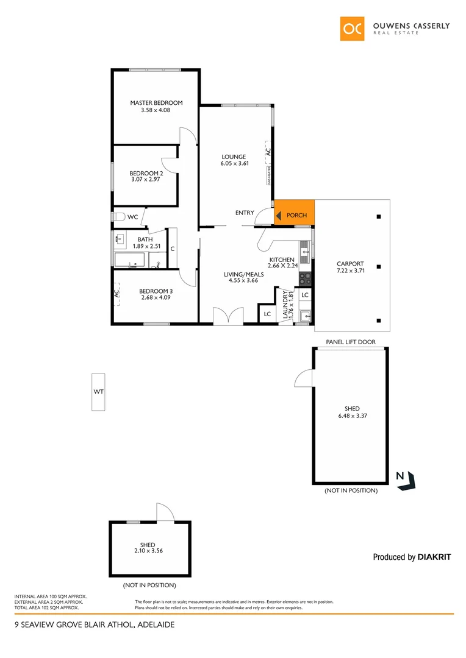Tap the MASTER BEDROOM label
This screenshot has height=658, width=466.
tap(156, 103)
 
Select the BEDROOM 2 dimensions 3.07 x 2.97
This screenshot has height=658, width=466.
tap(146, 180)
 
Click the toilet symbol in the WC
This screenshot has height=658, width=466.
tap(118, 216)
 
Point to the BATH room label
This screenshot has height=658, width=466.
tap(145, 239)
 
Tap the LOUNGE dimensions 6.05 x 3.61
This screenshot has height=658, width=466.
tap(234, 163)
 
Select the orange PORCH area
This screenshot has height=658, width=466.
tap(295, 213)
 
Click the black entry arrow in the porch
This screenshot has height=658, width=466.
tap(279, 215)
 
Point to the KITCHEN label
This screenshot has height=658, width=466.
tap(282, 260)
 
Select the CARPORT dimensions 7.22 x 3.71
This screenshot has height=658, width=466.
tap(350, 271)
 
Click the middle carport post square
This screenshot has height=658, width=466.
tap(379, 266)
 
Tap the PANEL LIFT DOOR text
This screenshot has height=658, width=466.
tap(350, 342)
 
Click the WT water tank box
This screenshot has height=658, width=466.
tap(98, 391)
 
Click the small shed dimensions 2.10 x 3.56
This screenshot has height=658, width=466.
tap(148, 551)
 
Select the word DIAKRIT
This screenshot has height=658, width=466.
tap(434, 557)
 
